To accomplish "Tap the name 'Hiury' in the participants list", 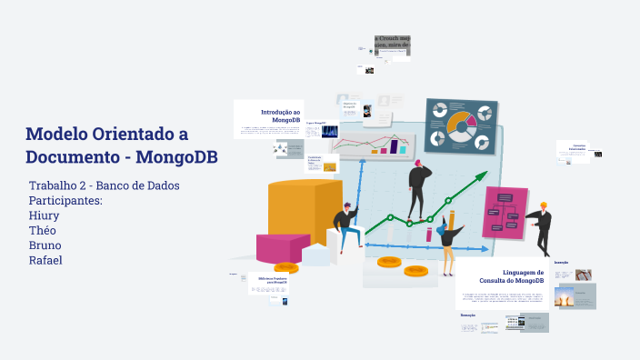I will click(x=46, y=215).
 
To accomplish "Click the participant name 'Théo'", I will click(x=44, y=231).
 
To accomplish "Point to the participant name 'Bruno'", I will click(x=45, y=245).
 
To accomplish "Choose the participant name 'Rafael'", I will click(x=45, y=261).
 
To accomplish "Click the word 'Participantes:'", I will click(x=65, y=200).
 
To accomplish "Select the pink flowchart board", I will click(x=505, y=212).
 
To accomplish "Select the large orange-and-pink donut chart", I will click(x=462, y=126).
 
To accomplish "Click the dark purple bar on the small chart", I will click(x=395, y=145).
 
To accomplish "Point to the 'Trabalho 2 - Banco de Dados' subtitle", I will click(x=104, y=185).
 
